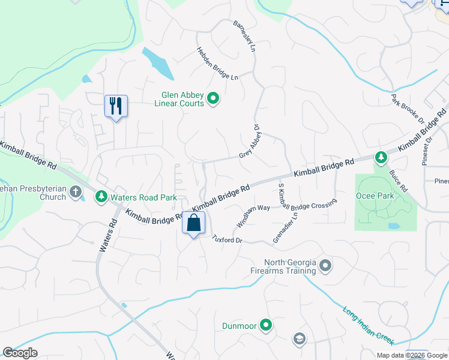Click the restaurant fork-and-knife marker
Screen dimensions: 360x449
(115, 106)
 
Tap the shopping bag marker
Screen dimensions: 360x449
(193, 223)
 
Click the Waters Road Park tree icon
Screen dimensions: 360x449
(101, 196)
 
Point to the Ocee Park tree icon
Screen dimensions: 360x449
(381, 158)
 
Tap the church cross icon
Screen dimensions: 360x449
(76, 193)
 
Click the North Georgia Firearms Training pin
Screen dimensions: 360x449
(325, 265)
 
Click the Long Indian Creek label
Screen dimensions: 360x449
(369, 326)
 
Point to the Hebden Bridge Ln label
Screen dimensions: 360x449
(218, 64)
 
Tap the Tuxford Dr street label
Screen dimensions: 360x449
(227, 239)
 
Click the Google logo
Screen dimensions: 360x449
(20, 353)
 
